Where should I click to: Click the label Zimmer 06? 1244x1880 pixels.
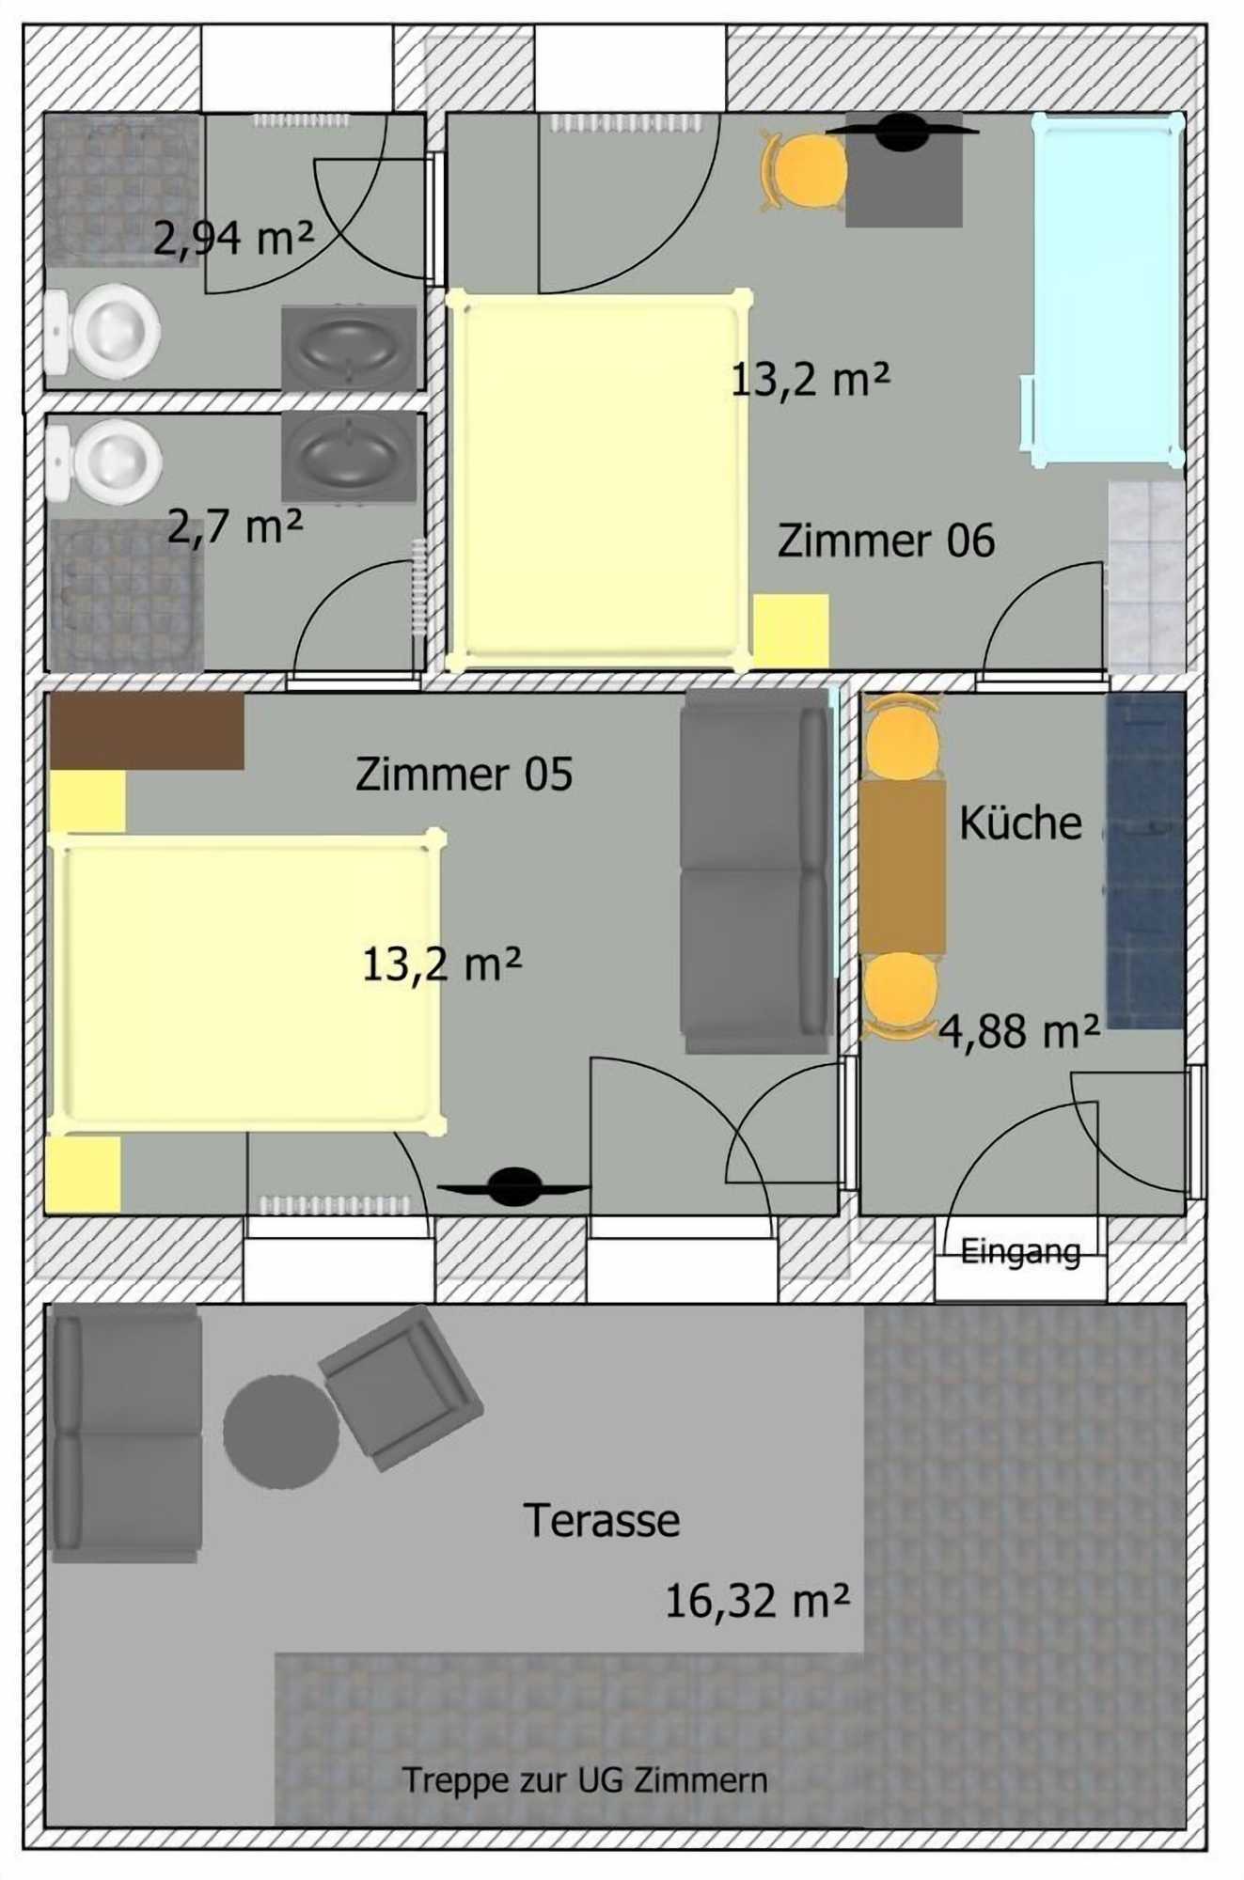(x=886, y=541)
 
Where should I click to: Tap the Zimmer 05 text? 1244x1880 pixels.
(x=464, y=775)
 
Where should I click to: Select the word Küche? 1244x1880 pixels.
(x=1020, y=822)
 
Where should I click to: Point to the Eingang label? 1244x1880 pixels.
(x=1020, y=1252)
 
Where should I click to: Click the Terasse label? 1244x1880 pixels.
(x=602, y=1520)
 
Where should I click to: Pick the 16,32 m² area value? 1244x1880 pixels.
(x=758, y=1601)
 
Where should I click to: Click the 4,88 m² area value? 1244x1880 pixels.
(x=1019, y=1031)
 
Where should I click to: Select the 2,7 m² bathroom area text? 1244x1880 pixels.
(x=235, y=526)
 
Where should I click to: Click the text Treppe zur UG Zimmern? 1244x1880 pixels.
(x=585, y=1780)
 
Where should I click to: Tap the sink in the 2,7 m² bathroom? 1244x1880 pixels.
(x=349, y=456)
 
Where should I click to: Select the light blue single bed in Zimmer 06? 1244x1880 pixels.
(x=1106, y=290)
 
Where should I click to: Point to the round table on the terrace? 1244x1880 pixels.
(x=281, y=1432)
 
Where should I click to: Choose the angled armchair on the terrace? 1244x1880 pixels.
(x=401, y=1387)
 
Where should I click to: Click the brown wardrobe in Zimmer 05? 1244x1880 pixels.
(x=147, y=731)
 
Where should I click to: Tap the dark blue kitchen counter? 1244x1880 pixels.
(x=1145, y=861)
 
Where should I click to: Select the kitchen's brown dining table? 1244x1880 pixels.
(x=902, y=868)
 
